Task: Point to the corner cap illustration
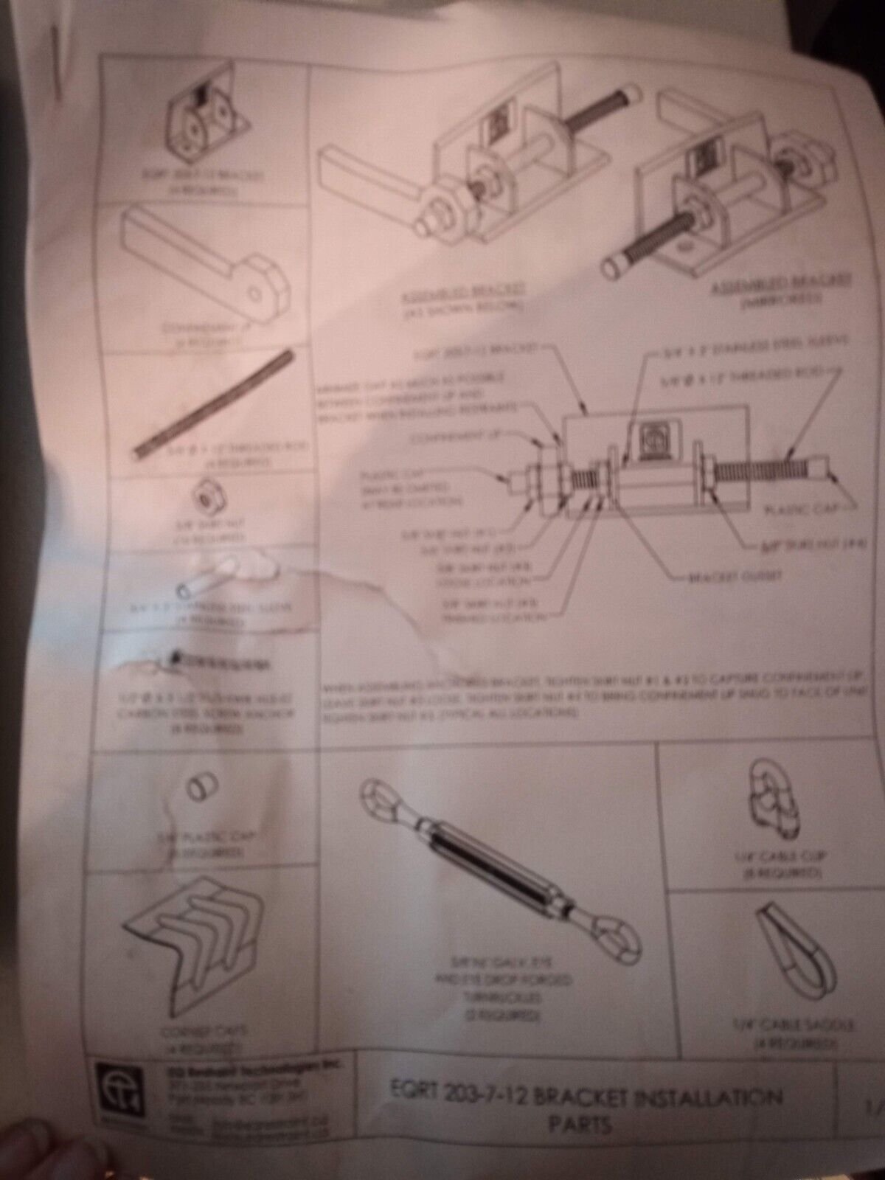pyautogui.click(x=195, y=948)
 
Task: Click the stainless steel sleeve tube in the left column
pyautogui.click(x=206, y=579)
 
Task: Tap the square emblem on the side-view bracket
pyautogui.click(x=652, y=440)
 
